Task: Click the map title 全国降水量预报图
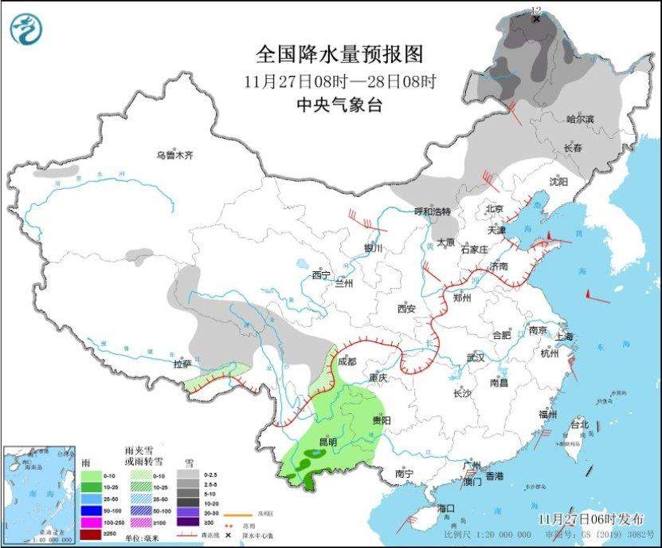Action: click(x=339, y=54)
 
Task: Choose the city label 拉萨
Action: click(x=182, y=364)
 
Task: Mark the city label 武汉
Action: click(x=476, y=357)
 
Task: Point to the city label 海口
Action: click(x=445, y=508)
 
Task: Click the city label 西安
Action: click(x=407, y=308)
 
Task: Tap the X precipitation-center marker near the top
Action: click(x=536, y=18)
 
